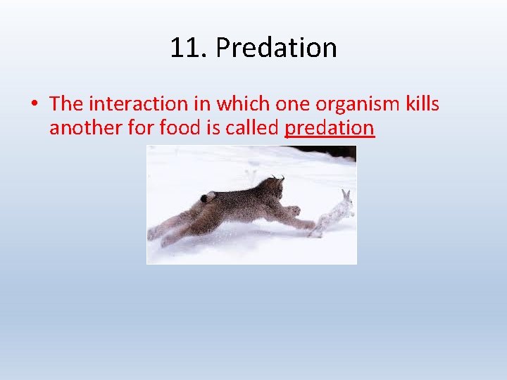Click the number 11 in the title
185,48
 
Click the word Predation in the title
276,48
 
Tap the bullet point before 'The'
34,104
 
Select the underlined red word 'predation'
330,128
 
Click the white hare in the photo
334,213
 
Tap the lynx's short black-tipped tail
208,197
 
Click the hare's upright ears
346,195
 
